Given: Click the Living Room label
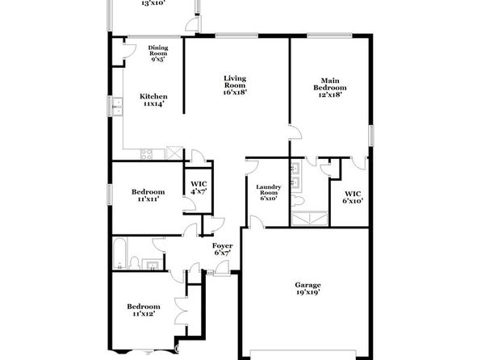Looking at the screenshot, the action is click(x=235, y=85).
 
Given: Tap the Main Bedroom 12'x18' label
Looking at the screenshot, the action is click(x=330, y=87).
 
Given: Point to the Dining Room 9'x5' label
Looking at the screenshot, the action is click(x=158, y=53).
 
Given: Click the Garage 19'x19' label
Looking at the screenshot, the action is click(x=307, y=288).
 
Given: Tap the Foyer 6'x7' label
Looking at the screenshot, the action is click(x=223, y=249).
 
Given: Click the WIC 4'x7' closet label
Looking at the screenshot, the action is click(x=199, y=188).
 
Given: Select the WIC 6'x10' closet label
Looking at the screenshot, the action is click(x=353, y=197).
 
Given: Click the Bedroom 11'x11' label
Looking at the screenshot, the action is click(x=148, y=195).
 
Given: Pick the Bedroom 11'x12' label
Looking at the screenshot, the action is click(x=144, y=310).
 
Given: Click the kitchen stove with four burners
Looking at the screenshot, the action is click(x=146, y=154).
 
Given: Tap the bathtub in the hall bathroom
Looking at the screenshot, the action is click(x=120, y=253).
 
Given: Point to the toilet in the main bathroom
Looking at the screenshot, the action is click(x=297, y=200).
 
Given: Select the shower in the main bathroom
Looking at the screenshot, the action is click(x=310, y=219).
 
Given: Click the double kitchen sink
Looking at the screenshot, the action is click(x=117, y=107).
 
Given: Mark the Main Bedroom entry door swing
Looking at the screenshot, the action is click(x=295, y=132).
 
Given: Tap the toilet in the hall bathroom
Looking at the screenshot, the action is click(x=134, y=263).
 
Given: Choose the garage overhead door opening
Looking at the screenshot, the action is click(x=303, y=354).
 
